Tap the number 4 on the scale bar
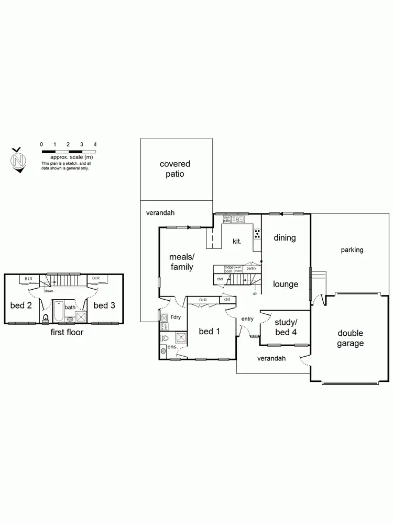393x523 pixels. tap(95, 144)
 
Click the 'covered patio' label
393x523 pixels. tap(175, 169)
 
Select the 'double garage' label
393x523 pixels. tap(351, 338)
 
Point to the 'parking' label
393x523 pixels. tap(352, 250)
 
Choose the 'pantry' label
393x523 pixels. tap(251, 268)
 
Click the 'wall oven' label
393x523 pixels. tap(238, 269)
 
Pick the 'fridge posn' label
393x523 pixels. tap(229, 269)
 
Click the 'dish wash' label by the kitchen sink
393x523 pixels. tap(227, 219)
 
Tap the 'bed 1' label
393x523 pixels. tap(209, 332)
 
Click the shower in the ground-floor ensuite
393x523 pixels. tap(180, 337)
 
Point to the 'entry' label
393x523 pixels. tap(247, 319)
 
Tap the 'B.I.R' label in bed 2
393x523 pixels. tap(29, 279)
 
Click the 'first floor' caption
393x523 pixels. tap(67, 332)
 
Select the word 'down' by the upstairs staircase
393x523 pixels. tap(49, 291)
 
